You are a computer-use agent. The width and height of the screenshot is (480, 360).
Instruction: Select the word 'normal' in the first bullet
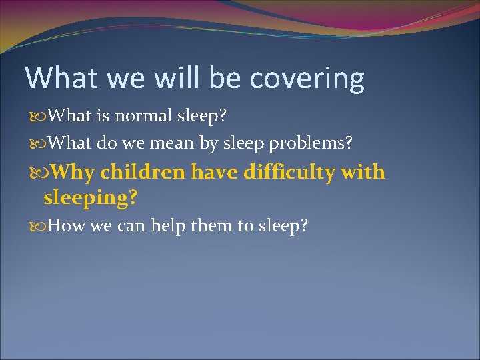point(146,116)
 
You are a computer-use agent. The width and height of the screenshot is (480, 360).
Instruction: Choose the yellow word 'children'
point(143,172)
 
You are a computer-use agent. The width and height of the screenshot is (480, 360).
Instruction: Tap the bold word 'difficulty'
point(289,172)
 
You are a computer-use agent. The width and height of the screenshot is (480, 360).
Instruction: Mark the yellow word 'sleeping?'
point(90,197)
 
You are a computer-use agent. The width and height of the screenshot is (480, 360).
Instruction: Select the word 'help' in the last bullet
point(169,225)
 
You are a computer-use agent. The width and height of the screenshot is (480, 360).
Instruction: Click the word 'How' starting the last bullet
point(66,225)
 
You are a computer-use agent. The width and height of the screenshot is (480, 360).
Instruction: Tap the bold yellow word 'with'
point(363,172)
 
